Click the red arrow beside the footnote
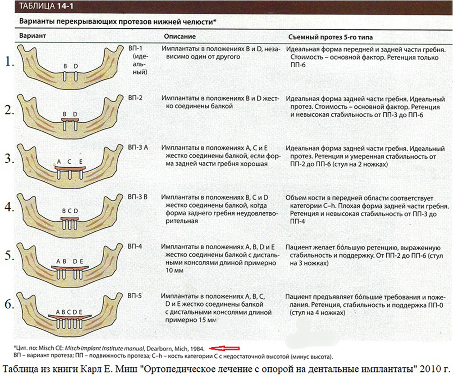224,348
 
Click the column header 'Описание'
180,36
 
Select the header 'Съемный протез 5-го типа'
330,37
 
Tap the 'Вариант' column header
32,35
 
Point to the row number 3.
10,159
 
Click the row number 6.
10,304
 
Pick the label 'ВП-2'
136,98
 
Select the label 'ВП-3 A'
138,147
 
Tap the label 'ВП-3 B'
137,197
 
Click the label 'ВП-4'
135,246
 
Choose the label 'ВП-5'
135,295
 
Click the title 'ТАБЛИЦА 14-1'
46,6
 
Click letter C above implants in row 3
69,161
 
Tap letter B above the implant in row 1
65,66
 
